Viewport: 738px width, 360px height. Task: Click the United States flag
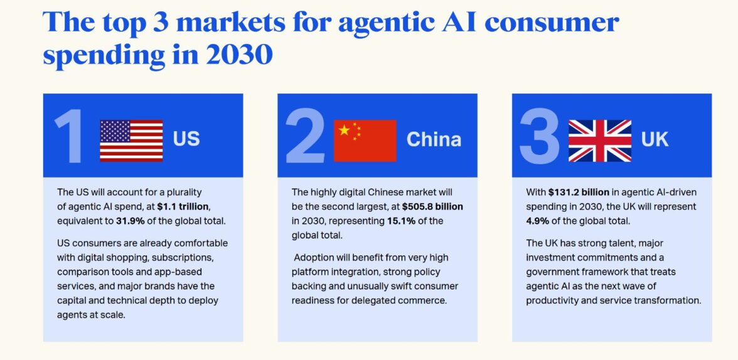tap(131, 140)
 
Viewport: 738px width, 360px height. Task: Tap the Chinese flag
tap(365, 140)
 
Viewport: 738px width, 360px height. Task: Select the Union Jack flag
tap(600, 140)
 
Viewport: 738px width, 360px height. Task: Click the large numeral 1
tap(70, 136)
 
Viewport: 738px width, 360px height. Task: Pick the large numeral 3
tap(540, 136)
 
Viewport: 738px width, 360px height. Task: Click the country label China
tap(434, 139)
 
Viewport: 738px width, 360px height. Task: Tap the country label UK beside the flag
tap(655, 139)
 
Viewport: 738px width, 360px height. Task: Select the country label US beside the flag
tap(186, 139)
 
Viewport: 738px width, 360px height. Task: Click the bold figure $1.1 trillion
tap(183, 206)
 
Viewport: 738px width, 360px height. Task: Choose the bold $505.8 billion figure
tap(432, 206)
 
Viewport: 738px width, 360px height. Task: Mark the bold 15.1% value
tap(401, 221)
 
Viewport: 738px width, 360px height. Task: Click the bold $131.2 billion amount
tap(579, 192)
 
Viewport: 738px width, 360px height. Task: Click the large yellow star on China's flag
tap(345, 130)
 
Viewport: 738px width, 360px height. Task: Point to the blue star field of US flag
tap(115, 131)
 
